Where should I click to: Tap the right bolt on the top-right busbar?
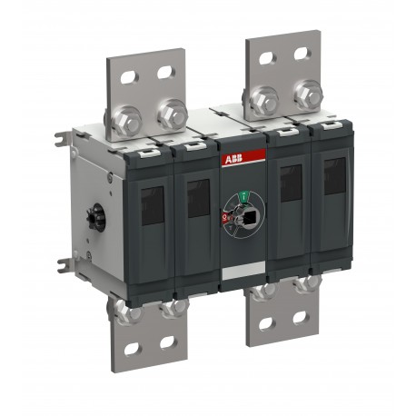308,91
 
